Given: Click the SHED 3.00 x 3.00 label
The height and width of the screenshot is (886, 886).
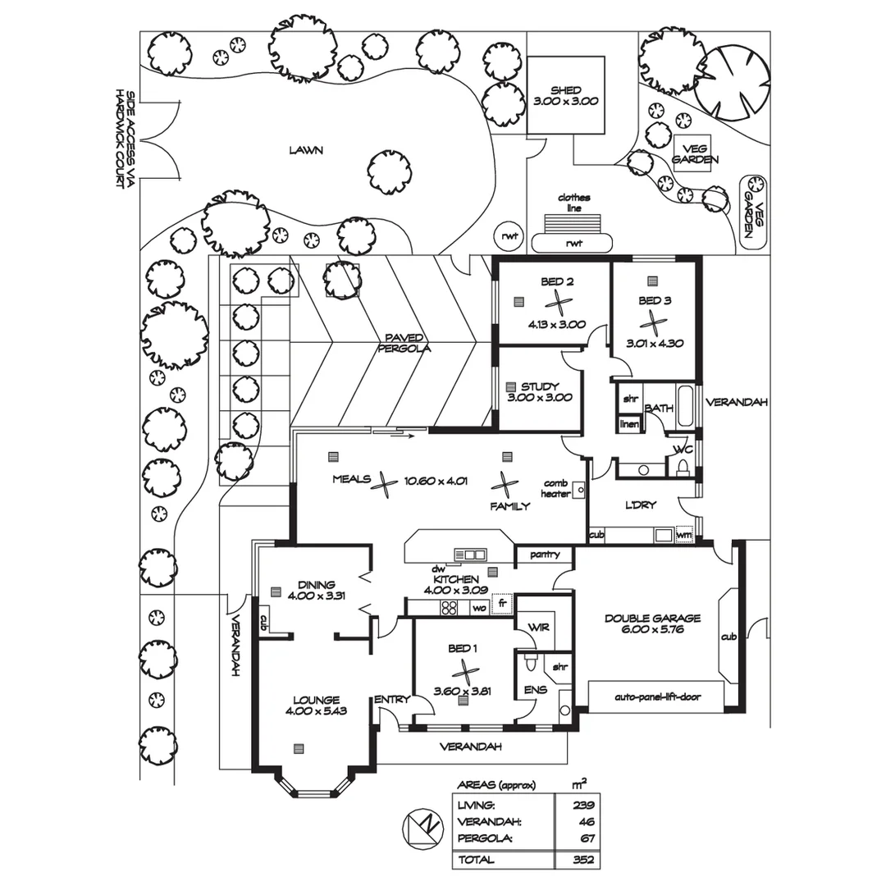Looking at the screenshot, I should click(566, 96).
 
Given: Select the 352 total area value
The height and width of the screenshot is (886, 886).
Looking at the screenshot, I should click(583, 860).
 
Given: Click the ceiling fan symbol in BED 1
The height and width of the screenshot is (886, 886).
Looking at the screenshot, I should click(465, 671).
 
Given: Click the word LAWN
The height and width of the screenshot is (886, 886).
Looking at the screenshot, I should click(306, 150).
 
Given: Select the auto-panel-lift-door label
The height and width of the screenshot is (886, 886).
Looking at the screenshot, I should click(656, 697).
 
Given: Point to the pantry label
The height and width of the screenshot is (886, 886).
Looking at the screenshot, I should click(545, 555).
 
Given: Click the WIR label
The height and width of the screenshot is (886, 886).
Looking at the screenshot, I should click(538, 628).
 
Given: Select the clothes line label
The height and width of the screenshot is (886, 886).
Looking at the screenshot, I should click(574, 203).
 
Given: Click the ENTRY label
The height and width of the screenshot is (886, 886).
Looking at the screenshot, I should click(391, 700).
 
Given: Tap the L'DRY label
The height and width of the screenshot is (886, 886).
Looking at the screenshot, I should click(640, 505).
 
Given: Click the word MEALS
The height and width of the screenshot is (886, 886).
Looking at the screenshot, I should click(351, 480).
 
